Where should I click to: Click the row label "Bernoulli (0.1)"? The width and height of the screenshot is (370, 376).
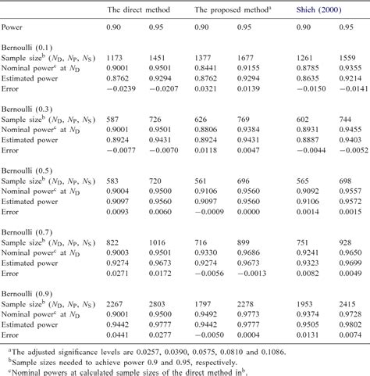click(31, 47)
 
